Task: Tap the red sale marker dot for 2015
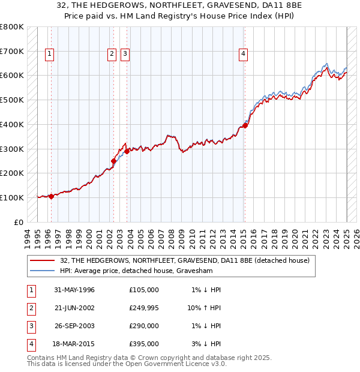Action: coord(245,125)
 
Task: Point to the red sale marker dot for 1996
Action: coord(51,196)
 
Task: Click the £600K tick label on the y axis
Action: coord(12,76)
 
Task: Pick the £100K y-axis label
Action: coord(12,197)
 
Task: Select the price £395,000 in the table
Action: coord(143,344)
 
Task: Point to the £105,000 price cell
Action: coord(143,290)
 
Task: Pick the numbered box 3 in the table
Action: coord(31,326)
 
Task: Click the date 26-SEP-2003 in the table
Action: coord(74,326)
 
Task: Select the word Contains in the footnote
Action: coord(41,358)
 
